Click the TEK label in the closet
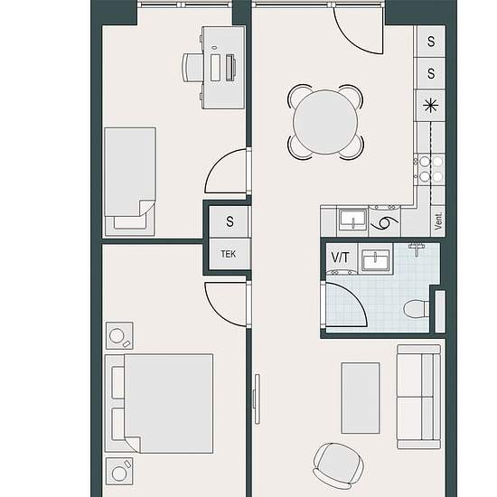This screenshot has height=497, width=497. tap(229, 254)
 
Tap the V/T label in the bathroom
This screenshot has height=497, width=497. tap(340, 257)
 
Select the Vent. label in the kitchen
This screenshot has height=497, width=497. tap(438, 220)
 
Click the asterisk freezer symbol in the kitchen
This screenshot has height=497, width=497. tap(431, 105)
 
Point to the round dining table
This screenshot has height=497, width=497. tap(325, 122)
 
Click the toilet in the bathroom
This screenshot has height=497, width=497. tap(417, 308)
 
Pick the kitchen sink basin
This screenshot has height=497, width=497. tap(353, 220)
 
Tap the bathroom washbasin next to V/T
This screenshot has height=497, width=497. tap(376, 259)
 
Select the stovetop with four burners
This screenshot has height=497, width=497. tap(431, 169)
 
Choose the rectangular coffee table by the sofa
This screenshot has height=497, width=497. tap(361, 399)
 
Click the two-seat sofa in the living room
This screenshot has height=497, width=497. tap(419, 397)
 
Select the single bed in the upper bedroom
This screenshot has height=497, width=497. tap(130, 182)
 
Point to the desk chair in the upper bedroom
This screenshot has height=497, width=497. tap(192, 68)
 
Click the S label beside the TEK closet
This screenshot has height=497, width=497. tap(230, 221)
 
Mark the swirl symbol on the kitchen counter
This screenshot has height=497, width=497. tap(384, 222)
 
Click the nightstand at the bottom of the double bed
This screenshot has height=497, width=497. tap(119, 471)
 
